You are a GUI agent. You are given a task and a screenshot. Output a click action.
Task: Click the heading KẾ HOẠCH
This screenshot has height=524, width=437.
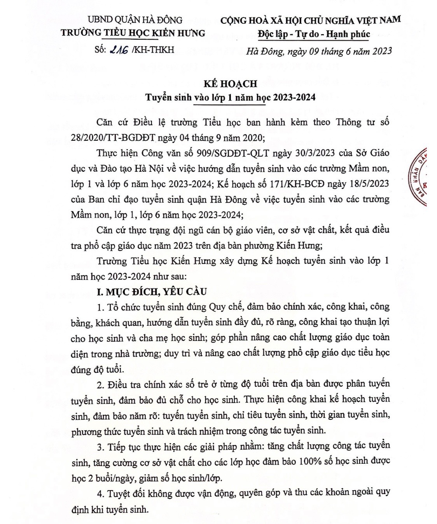231,84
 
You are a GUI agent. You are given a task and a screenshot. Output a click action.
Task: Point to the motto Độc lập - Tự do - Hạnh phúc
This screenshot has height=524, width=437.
314,34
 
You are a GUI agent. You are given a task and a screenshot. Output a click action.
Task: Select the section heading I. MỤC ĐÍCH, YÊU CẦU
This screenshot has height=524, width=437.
152,291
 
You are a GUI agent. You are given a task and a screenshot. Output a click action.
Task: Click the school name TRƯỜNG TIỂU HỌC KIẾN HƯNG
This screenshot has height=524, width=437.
133,33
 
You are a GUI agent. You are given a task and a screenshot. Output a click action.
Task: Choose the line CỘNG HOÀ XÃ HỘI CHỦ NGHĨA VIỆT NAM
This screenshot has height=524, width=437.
311,20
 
